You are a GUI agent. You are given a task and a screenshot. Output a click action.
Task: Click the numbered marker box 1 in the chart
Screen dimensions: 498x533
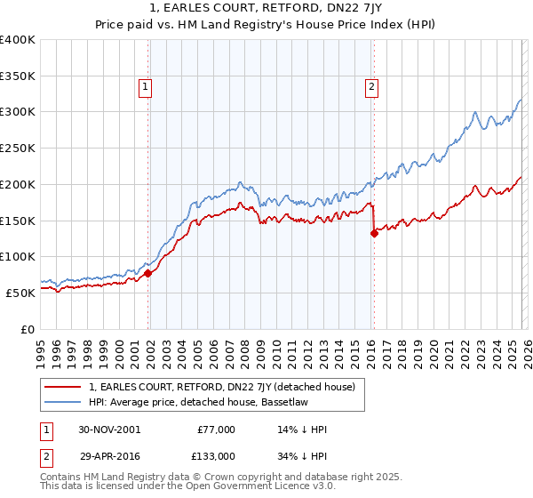coord(145,86)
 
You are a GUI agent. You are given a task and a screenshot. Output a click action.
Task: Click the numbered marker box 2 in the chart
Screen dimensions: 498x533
coord(370,86)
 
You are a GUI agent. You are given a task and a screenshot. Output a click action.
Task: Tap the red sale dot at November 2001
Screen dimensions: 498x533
coord(148,274)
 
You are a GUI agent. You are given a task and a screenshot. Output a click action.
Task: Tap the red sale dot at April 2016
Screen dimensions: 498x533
coord(374,234)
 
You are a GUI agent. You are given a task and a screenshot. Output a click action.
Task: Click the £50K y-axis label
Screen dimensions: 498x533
coord(21,292)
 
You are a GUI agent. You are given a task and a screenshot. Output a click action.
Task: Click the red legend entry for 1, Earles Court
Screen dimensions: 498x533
coord(222,387)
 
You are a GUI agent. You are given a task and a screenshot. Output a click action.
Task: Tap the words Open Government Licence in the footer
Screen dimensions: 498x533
coord(222,487)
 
